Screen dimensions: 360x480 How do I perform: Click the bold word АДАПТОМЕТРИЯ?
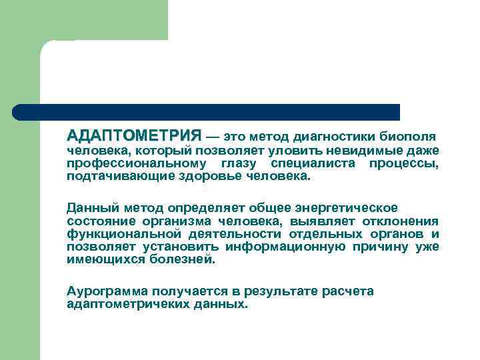point(134,135)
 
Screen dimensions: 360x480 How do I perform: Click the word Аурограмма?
point(107,291)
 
